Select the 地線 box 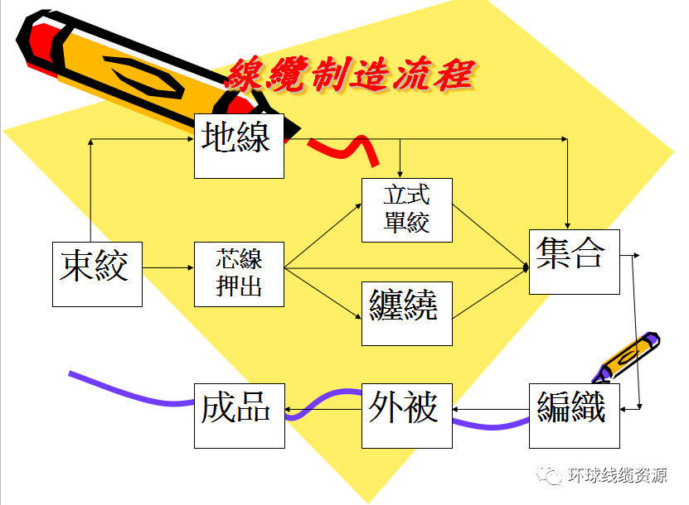click(239, 146)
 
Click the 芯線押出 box click(239, 274)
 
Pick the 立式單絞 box click(407, 210)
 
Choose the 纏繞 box click(407, 313)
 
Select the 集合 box click(574, 262)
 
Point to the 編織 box click(574, 415)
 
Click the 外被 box click(407, 415)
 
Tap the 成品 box click(239, 415)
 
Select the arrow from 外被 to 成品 click(323, 410)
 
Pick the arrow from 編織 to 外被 click(491, 410)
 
